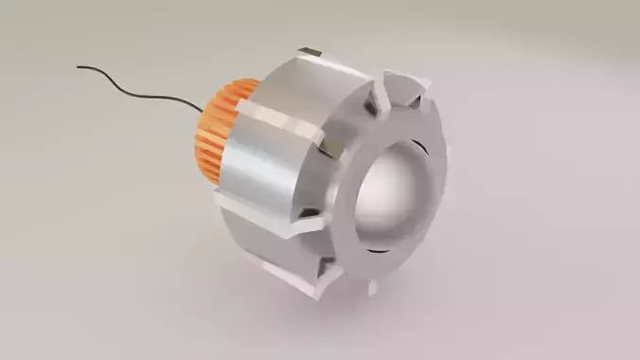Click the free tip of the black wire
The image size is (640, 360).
[79, 66]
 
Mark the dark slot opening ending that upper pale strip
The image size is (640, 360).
[328, 148]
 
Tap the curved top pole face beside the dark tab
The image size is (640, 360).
[341, 71]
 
